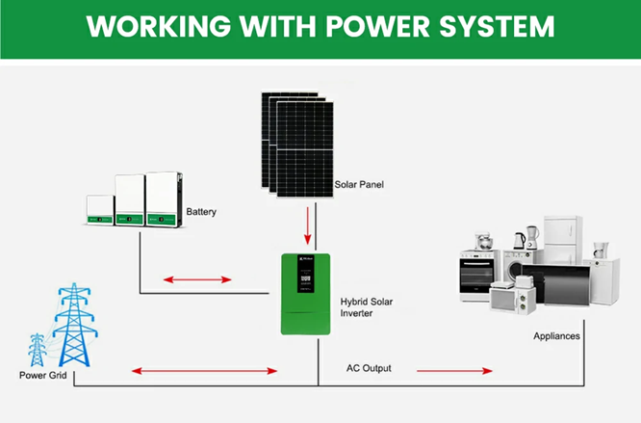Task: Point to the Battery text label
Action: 202,212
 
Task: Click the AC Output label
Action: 369,369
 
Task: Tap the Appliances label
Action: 558,336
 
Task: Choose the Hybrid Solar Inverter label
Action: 366,306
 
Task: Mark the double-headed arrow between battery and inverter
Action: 196,280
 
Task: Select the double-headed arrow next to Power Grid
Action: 204,370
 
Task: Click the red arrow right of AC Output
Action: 451,370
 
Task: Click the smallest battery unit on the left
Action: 98,210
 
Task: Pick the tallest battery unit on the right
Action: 163,199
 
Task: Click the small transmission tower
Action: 37,349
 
